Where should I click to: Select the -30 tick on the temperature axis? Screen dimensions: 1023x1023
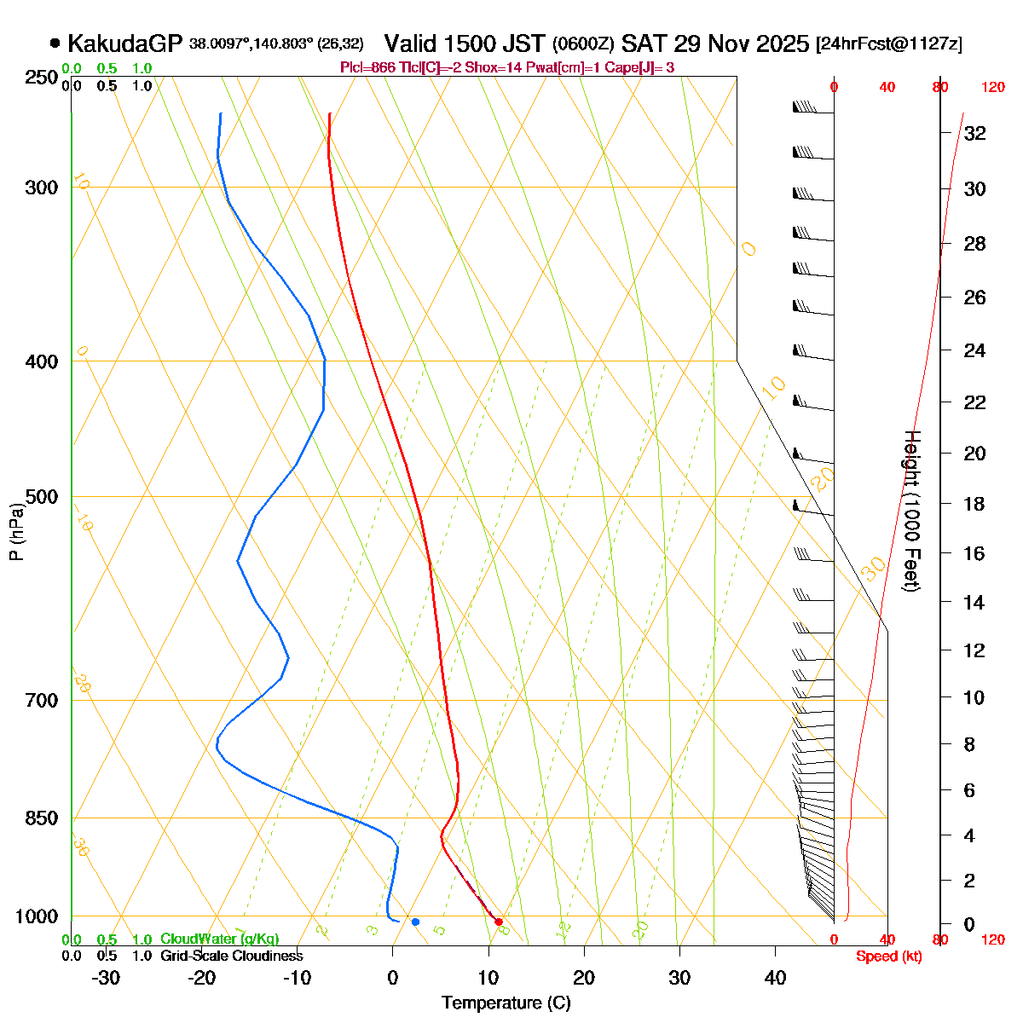(105, 978)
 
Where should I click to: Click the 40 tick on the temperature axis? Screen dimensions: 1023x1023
(775, 978)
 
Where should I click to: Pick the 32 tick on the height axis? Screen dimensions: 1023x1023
(974, 133)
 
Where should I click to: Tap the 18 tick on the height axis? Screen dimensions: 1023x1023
(974, 504)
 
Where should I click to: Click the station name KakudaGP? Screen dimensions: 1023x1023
(125, 43)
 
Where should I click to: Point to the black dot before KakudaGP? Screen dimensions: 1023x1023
(55, 43)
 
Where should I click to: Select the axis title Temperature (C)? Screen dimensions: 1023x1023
(506, 1003)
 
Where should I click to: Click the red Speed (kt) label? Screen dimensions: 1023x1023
(889, 957)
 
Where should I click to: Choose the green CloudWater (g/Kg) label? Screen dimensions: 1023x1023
(219, 939)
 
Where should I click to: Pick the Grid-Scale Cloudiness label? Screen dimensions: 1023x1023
(231, 956)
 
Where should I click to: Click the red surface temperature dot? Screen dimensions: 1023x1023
(499, 922)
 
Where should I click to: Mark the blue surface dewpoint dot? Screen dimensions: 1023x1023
(415, 922)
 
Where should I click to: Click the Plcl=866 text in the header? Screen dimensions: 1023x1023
(367, 67)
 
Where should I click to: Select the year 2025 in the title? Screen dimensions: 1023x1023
(782, 43)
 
